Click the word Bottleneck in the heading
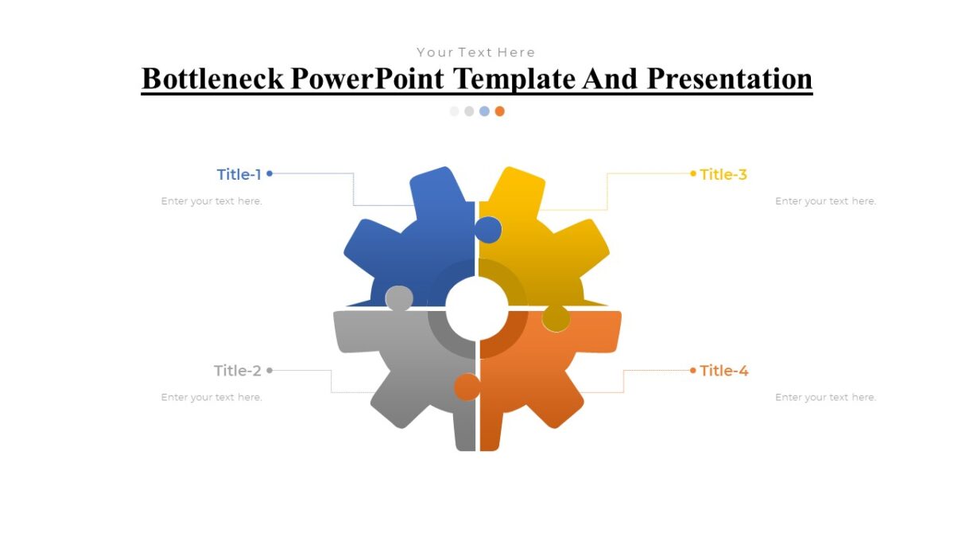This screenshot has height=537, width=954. coord(212,79)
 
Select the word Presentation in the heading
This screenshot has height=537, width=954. coord(729,79)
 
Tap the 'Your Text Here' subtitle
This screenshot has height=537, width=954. coord(476,53)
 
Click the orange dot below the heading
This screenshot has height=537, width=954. coord(499,111)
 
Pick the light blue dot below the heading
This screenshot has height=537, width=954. coord(484,111)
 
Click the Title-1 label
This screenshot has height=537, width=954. coord(238,174)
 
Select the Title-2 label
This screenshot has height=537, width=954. coord(237,371)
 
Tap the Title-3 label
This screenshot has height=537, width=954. coord(723,174)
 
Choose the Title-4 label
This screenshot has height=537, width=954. coord(724,371)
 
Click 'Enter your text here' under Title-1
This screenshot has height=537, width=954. coord(211,201)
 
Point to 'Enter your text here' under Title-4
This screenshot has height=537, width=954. coord(825,397)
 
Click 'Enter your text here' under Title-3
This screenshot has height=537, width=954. coord(825,201)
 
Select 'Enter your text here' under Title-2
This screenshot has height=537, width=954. coord(211,397)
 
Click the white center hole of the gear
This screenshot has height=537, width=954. coord(477,309)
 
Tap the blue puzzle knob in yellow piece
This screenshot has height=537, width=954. coord(488,230)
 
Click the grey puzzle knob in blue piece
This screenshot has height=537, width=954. coord(399,298)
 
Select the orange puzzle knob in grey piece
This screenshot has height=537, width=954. coord(467,387)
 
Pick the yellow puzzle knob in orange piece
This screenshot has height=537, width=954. coord(556,319)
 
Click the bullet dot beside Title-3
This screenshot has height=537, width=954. coord(693,173)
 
